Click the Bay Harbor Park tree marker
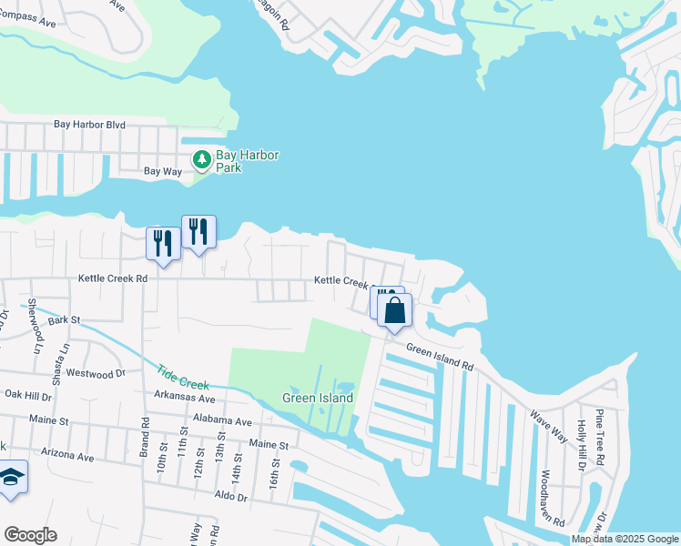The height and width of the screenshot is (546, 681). click(x=201, y=161)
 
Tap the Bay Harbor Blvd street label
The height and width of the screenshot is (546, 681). click(x=88, y=124)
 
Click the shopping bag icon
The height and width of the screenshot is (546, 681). click(x=395, y=311)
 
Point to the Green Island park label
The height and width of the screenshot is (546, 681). click(x=317, y=398)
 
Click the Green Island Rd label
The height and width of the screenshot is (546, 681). click(x=441, y=357)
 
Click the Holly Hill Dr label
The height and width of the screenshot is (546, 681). click(x=582, y=446)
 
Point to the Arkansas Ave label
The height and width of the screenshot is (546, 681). click(x=184, y=399)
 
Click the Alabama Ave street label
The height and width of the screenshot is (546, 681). click(x=221, y=421)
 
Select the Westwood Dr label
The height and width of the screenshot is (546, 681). click(x=97, y=373)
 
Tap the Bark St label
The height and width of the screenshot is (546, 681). click(x=65, y=320)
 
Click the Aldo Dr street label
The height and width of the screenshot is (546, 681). click(x=229, y=497)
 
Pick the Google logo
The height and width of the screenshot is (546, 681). click(x=30, y=535)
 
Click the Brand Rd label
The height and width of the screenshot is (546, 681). click(x=144, y=436)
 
